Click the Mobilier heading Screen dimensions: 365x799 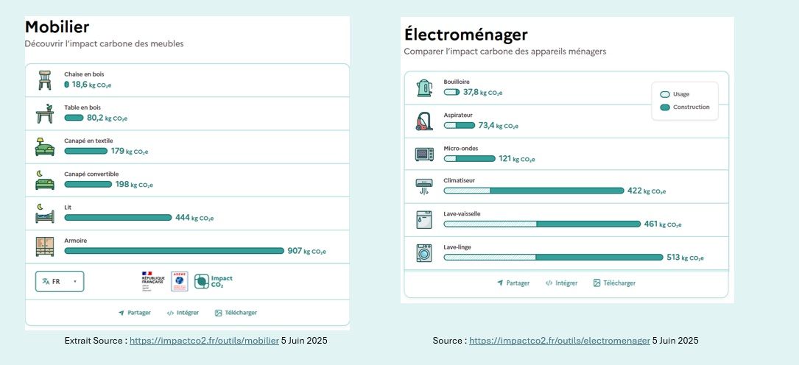coord(57,27)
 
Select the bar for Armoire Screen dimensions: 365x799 coord(174,251)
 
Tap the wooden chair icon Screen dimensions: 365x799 coord(44,79)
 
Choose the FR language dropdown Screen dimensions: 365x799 coord(60,281)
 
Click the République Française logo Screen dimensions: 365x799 coord(152,280)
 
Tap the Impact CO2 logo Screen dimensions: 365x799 coord(214,281)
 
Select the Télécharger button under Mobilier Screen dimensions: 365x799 coord(236,313)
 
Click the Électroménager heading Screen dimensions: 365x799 coord(465,35)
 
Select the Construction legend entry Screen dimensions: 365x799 coord(685,107)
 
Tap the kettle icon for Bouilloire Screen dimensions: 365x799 coord(424,88)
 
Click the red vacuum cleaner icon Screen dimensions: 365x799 coord(424,121)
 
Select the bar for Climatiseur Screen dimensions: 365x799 coord(533,191)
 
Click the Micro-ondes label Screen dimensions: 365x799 coord(461,149)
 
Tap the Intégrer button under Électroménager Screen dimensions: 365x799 coord(561,283)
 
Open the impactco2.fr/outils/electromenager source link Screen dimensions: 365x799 coord(559,341)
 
